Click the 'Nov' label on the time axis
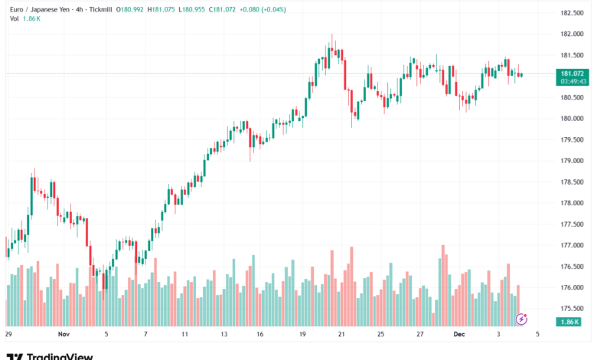click(64, 335)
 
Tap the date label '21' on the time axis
click(342, 335)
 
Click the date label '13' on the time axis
click(223, 335)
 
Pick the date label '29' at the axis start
click(8, 335)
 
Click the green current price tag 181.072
click(573, 74)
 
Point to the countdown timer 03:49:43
click(573, 81)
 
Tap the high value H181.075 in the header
click(164, 8)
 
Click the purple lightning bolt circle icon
click(523, 318)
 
